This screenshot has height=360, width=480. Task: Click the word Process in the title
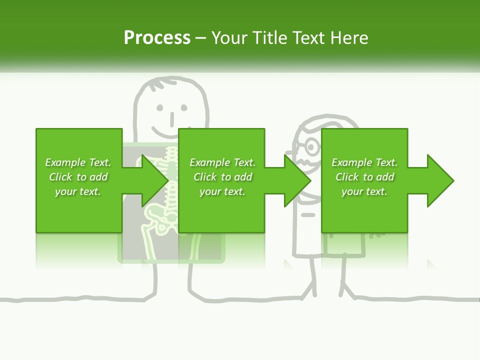click(x=157, y=38)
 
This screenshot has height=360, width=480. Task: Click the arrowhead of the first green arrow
click(x=155, y=180)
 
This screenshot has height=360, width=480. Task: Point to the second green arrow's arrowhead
click(x=298, y=180)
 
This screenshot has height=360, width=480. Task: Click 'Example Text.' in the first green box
click(x=78, y=162)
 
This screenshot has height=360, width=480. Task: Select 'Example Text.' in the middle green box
click(x=222, y=162)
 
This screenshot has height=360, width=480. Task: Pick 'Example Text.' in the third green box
click(x=364, y=162)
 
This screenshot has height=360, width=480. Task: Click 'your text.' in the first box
click(x=78, y=191)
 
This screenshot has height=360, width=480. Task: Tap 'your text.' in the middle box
click(x=222, y=191)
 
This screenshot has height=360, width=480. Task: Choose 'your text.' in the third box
click(x=364, y=191)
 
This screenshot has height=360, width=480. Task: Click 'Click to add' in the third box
click(x=364, y=177)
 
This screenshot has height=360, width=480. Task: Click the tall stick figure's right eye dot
click(x=184, y=107)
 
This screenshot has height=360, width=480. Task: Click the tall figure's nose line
click(x=172, y=118)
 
